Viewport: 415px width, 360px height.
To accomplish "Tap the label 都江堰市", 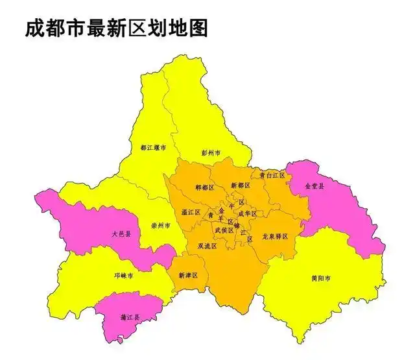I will pos(152,148).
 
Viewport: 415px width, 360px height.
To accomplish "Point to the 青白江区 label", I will pos(270,175).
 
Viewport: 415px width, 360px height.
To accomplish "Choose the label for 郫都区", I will pos(205,187).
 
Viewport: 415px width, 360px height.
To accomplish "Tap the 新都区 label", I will pos(240,186).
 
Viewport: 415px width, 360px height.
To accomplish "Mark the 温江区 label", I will pos(191,212).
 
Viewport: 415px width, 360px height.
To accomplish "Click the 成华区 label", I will pos(247,213).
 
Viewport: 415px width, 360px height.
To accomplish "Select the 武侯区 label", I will pos(224,230).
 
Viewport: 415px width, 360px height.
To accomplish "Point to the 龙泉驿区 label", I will pos(275,237).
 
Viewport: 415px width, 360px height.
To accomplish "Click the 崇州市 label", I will pos(160,226).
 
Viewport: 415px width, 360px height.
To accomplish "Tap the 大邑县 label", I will pos(121,234).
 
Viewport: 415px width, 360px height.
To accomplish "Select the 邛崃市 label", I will pos(124,276).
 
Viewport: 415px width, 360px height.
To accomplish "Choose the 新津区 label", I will pos(187,276).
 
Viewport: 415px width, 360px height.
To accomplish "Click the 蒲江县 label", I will pos(131,317).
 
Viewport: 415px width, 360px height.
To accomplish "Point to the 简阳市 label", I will pos(321,279).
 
